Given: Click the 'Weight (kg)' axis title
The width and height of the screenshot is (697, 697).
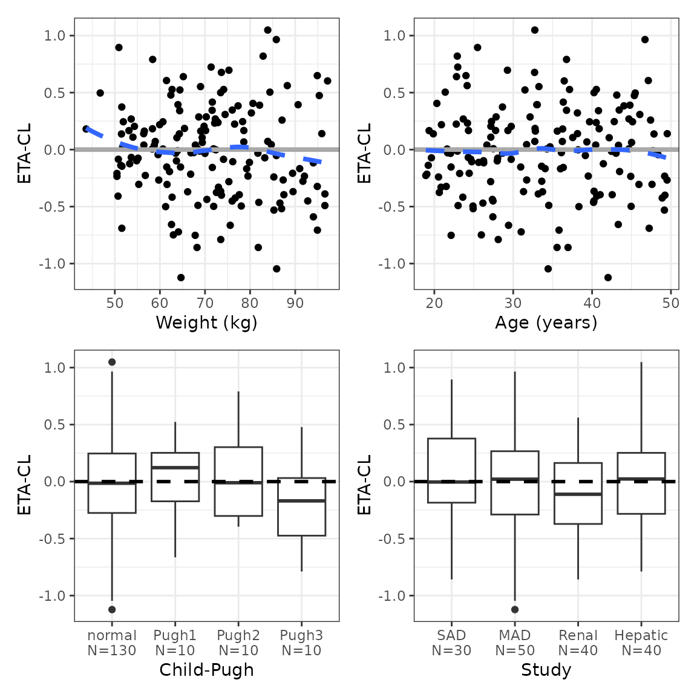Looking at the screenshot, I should point(206,322).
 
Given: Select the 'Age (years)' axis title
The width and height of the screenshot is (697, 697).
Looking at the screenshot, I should point(546,322).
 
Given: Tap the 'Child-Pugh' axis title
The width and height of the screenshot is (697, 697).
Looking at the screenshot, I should point(206,670).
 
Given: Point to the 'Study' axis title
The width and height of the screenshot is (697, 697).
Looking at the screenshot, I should point(546,670).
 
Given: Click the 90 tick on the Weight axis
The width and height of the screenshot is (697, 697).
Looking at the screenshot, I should point(295,303).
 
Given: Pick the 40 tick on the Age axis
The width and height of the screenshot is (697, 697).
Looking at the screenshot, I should point(592,303).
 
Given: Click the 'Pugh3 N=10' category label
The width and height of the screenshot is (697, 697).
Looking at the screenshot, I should point(301,643).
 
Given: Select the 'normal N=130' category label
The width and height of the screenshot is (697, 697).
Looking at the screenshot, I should point(112,643).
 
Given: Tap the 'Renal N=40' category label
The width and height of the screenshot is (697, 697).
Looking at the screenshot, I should point(578,643).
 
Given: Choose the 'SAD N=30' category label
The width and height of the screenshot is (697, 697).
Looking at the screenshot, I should point(451,643).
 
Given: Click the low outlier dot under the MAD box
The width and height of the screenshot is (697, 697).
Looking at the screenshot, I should point(515,609).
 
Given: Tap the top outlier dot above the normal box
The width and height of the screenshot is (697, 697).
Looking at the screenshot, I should point(112,362).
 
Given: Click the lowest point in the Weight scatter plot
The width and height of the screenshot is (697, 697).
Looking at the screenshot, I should point(181,278).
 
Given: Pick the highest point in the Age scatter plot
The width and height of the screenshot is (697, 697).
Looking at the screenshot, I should point(534,30).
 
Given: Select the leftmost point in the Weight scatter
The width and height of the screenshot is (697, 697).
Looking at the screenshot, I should point(87,129).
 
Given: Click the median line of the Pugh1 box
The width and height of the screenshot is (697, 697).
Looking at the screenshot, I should point(175,468).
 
